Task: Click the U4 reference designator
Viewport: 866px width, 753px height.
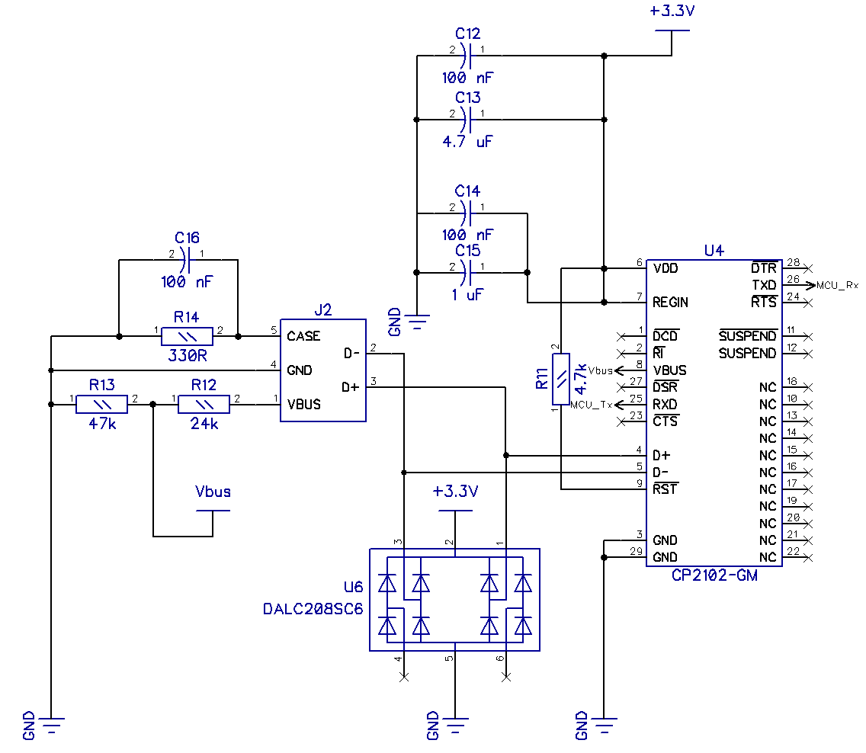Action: (714, 251)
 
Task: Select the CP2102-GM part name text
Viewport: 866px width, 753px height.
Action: (714, 575)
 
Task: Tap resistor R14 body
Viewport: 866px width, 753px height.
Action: (187, 336)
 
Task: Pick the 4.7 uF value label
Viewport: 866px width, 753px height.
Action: (467, 141)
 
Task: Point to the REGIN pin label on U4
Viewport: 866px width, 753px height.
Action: (670, 303)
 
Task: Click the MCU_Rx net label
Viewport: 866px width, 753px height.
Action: (837, 286)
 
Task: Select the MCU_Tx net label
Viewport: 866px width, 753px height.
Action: (592, 405)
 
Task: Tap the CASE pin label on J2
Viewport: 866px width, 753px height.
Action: (303, 336)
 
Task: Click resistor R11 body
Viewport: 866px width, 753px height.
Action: (561, 380)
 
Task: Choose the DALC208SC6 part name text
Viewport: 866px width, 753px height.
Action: (313, 609)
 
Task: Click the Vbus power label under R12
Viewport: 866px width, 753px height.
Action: (213, 492)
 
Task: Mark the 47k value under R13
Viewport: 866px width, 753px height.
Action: (101, 424)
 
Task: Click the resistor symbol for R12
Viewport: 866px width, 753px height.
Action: (204, 404)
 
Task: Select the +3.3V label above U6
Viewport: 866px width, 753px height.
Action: (455, 492)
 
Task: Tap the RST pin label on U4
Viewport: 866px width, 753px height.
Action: (665, 489)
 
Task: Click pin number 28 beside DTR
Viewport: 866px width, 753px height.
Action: (793, 262)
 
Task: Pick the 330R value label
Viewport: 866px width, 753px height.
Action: (186, 355)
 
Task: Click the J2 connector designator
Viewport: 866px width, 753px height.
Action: (323, 309)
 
